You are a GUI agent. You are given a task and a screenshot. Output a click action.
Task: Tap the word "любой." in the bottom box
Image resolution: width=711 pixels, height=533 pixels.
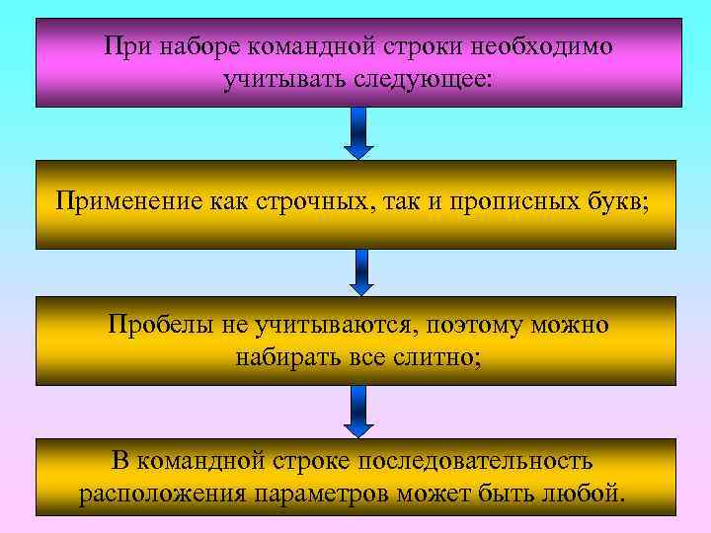(589, 493)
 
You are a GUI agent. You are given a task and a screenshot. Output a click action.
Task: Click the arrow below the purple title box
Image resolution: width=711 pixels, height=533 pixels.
(358, 133)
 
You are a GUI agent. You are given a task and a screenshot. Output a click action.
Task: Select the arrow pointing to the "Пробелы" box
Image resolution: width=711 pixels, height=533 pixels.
(362, 271)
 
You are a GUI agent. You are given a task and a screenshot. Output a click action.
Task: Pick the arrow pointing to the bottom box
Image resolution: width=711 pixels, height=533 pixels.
(358, 410)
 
